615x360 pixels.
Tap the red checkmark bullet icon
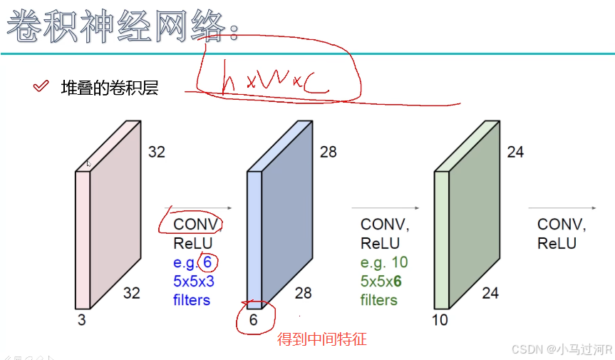click(41, 87)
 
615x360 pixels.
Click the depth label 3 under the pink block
click(81, 320)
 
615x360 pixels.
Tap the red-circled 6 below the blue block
click(253, 320)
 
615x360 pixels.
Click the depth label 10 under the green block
click(440, 320)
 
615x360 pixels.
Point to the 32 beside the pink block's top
click(157, 152)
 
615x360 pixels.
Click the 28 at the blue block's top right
click(328, 152)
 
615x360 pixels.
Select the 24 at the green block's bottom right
click(490, 292)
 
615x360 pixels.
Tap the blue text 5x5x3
click(194, 281)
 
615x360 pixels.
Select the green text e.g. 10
click(384, 262)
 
